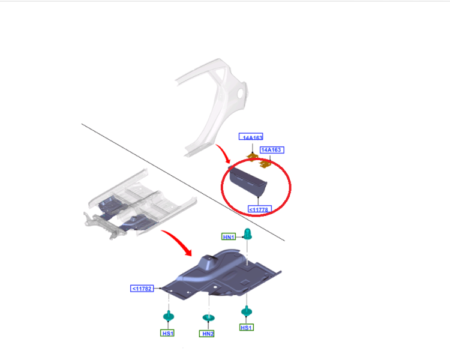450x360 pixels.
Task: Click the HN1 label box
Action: pyautogui.click(x=229, y=237)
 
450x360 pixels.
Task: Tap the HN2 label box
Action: pyautogui.click(x=206, y=334)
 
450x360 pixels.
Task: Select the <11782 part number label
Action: pyautogui.click(x=142, y=289)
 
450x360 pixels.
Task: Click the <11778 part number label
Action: pyautogui.click(x=260, y=209)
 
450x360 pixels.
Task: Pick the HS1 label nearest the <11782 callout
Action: pyautogui.click(x=167, y=333)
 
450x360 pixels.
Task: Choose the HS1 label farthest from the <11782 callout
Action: pyautogui.click(x=247, y=327)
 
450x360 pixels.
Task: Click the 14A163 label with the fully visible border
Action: pyautogui.click(x=272, y=150)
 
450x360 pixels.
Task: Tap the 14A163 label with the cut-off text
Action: pyautogui.click(x=251, y=137)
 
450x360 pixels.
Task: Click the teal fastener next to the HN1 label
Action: pyautogui.click(x=247, y=233)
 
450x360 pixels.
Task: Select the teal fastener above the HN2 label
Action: pyautogui.click(x=208, y=317)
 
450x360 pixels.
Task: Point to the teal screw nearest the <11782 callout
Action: pyautogui.click(x=169, y=316)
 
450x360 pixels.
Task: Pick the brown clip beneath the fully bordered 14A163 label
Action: pyautogui.click(x=265, y=164)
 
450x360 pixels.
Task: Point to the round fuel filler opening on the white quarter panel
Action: pyautogui.click(x=241, y=92)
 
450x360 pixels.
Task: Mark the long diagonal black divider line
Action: pyautogui.click(x=183, y=182)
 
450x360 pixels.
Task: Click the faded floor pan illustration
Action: pyautogui.click(x=140, y=204)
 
